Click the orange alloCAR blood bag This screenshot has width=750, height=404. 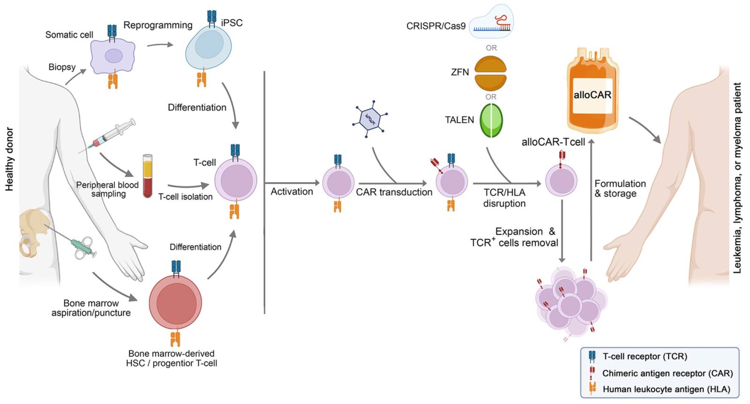[x=592, y=91]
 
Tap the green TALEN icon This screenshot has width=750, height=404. [x=491, y=120]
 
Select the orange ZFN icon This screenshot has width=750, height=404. [x=490, y=73]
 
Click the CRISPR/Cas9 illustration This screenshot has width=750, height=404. [x=491, y=22]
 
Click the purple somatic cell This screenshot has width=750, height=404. [x=113, y=56]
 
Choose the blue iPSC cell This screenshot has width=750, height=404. [x=209, y=47]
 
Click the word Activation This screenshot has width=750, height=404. [x=292, y=191]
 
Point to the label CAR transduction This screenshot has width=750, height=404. [x=394, y=192]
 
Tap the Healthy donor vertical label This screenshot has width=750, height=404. [x=9, y=159]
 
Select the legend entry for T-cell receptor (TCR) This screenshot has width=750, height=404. [x=645, y=356]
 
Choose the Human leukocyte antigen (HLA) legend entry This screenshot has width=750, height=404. [x=666, y=389]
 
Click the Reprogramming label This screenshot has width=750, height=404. [x=158, y=25]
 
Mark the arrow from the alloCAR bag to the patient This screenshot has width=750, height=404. [x=645, y=130]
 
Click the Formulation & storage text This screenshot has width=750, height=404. [x=620, y=188]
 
